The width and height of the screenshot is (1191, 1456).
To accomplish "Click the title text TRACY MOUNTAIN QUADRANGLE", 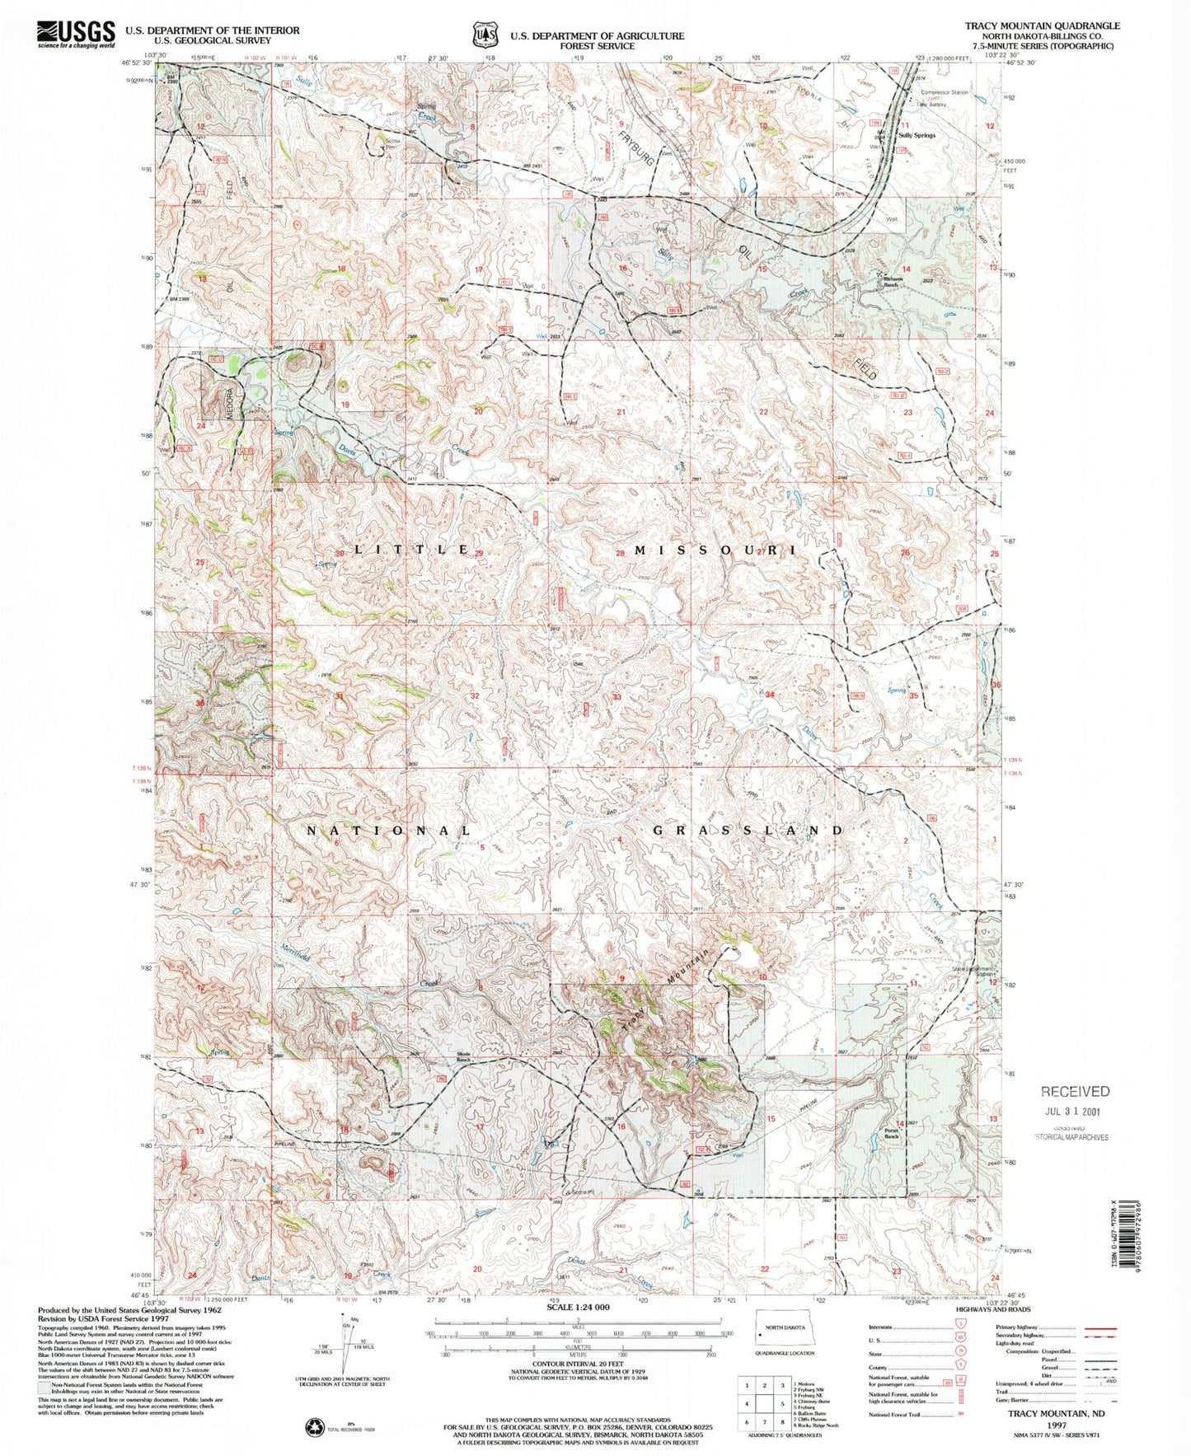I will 1042,26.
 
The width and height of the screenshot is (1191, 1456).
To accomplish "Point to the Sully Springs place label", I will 917,134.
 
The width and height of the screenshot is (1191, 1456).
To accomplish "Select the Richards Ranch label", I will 893,282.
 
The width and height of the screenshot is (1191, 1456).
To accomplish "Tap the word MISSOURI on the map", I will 714,550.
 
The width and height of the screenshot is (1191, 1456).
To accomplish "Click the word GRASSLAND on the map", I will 748,831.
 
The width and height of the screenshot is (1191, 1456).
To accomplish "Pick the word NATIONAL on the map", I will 389,831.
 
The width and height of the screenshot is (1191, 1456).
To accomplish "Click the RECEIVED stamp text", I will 1075,1091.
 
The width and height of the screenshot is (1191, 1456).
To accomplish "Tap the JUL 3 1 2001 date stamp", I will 1075,1110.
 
